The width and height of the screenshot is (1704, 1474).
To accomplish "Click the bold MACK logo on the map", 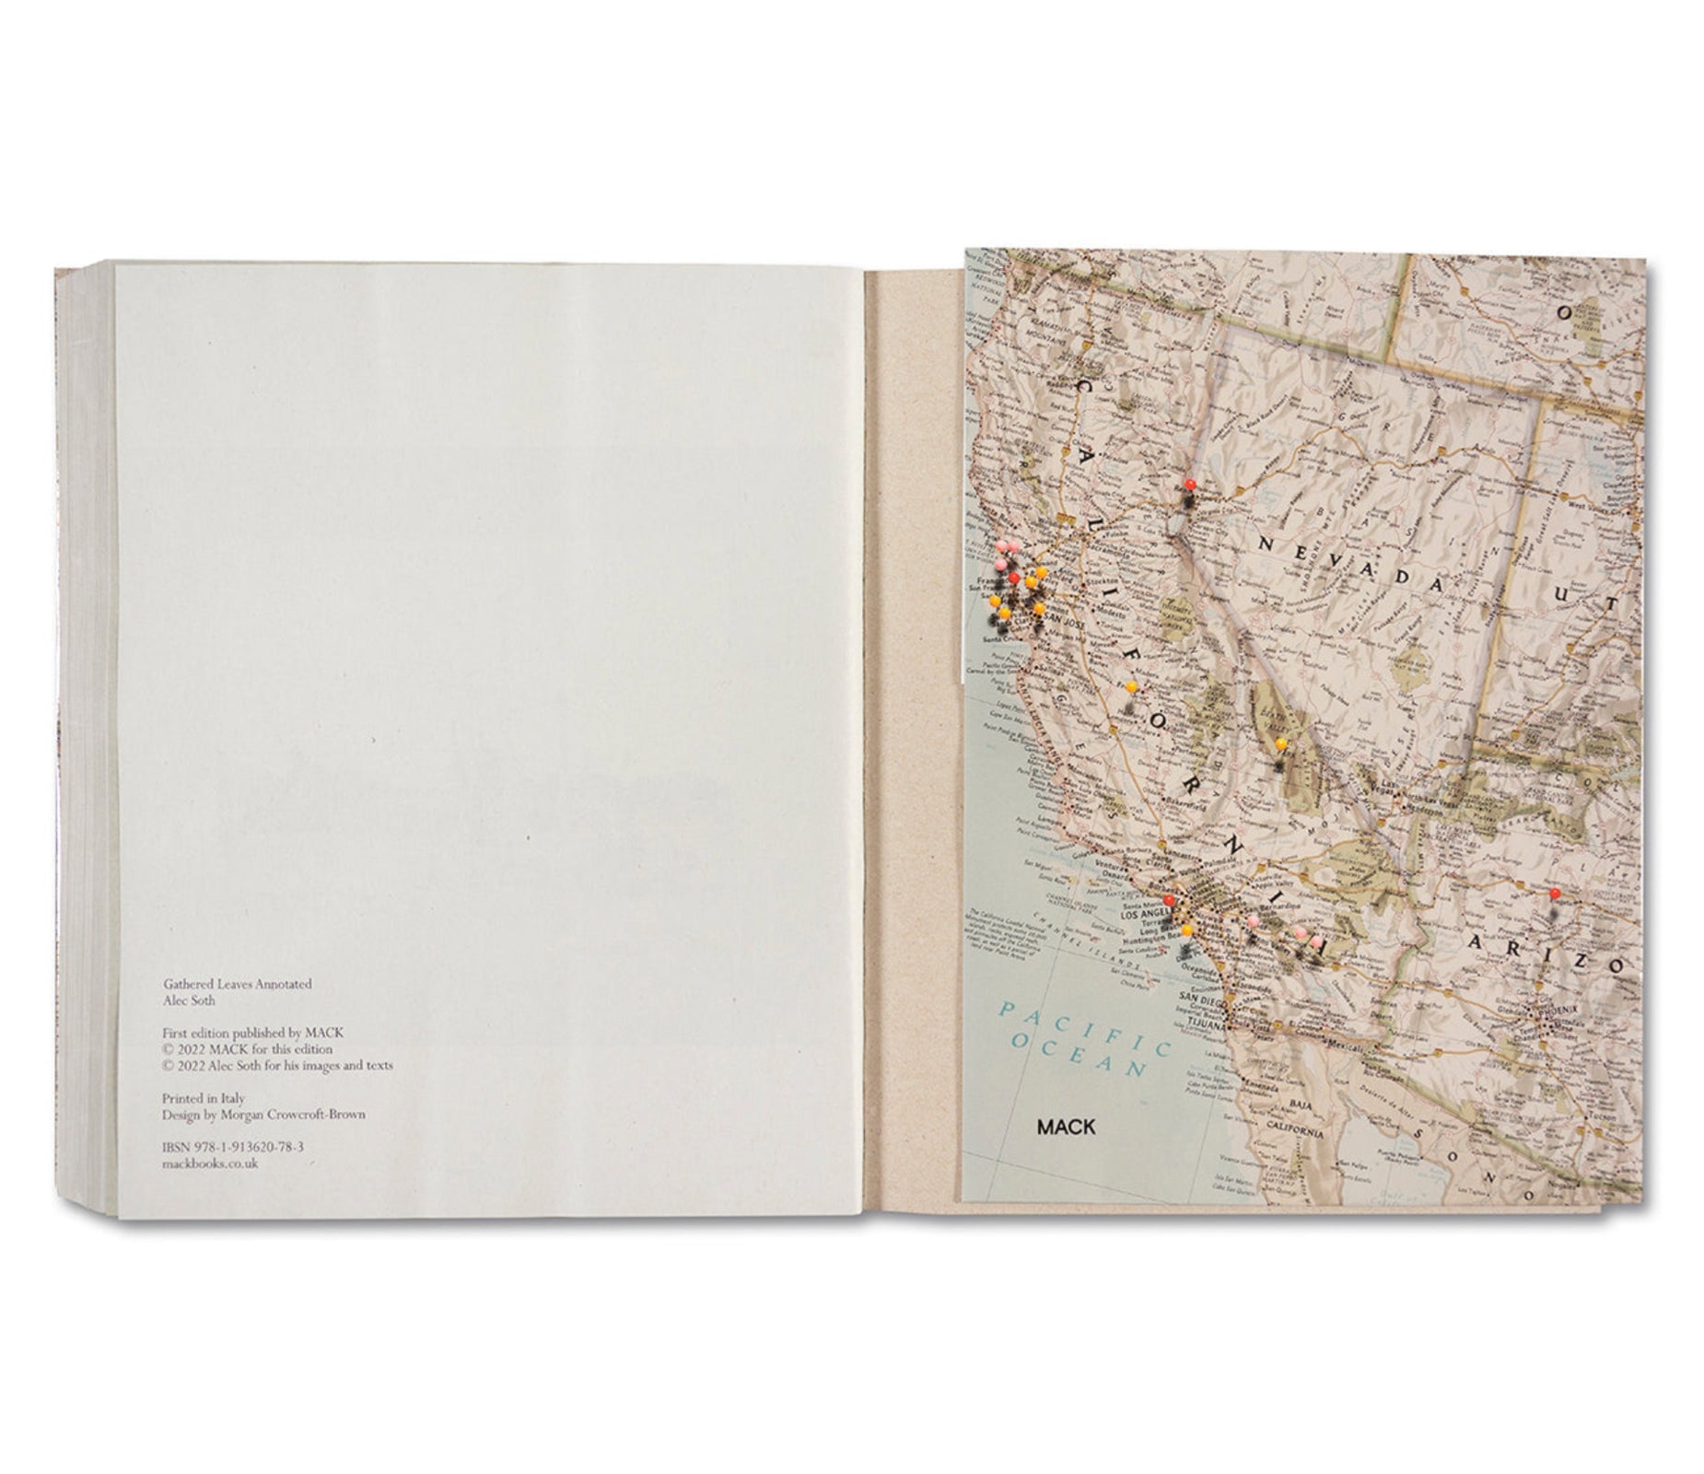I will (x=1066, y=1127).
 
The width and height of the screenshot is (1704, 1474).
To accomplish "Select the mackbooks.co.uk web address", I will (x=210, y=1164).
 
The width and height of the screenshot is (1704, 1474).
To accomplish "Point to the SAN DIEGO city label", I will (x=1202, y=1001).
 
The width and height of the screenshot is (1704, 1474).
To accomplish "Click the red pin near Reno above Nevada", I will (x=1190, y=484).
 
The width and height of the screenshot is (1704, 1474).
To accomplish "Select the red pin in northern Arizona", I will (x=1554, y=894).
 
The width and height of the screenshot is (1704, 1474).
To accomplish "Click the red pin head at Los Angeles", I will (x=1168, y=900).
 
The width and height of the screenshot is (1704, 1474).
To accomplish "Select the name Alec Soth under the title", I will (x=188, y=1000).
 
